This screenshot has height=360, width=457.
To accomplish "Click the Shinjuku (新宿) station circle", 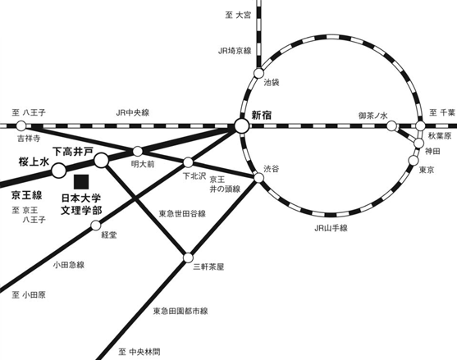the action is point(241,126).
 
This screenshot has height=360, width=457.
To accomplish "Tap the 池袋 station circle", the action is point(258,73).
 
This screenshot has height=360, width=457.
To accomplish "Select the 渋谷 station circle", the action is point(258,177).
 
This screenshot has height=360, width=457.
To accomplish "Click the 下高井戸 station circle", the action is point(102,160).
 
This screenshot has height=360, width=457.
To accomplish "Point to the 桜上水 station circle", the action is point(59,171).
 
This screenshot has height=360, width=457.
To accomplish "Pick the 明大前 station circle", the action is point(138,151).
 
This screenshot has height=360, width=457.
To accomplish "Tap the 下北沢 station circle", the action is point(188,162).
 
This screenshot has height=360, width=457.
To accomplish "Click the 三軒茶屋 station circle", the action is point(188,257).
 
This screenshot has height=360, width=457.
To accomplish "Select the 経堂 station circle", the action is point(96,226).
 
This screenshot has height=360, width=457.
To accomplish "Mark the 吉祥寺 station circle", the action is point(21,125).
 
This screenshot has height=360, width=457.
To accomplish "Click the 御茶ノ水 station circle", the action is point(391,126).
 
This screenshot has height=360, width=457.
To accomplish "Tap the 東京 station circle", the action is point(414,160).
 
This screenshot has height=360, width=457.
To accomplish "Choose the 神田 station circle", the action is point(418,143).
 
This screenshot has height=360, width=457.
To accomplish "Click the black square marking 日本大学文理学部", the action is point(81,182).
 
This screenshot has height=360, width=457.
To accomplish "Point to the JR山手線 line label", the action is point(331,228).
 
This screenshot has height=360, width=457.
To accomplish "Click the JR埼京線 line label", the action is point(235,51).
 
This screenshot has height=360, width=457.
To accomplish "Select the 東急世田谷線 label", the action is point(182,213).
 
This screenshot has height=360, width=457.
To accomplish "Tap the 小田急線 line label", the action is point(69,265).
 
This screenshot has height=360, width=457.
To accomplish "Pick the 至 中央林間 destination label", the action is point(139,352).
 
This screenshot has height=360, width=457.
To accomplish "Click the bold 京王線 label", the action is point(27,195).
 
